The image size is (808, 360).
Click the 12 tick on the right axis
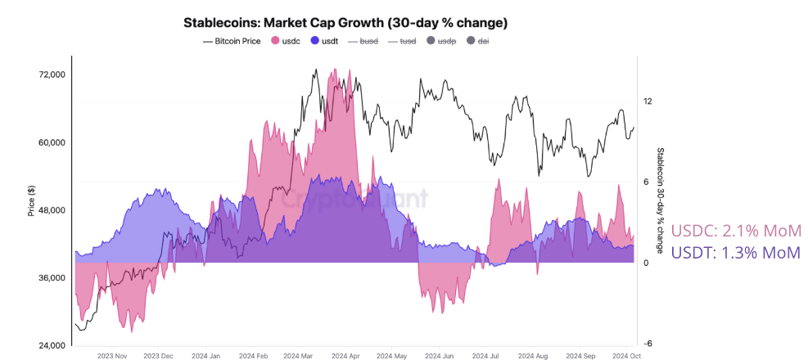coord(648,101)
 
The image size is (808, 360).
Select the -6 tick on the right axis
coord(648,344)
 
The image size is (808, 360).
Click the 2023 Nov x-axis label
coord(112,356)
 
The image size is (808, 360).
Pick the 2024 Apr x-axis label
coord(346,356)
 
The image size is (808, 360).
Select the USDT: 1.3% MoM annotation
coord(734,253)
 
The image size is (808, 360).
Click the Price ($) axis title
coord(31,201)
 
